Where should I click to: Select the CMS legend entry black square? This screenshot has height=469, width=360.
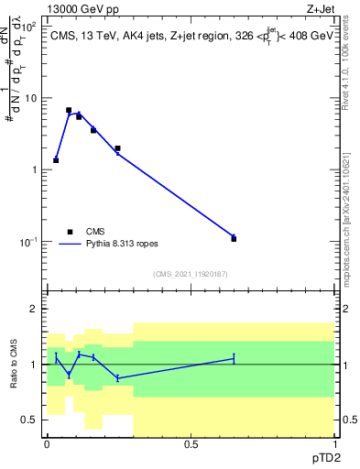(x=69, y=232)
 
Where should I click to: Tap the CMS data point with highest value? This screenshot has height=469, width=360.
(x=69, y=110)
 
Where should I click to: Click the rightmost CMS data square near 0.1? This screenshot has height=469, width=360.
(x=234, y=238)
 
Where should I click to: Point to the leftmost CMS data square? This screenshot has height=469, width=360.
(x=56, y=160)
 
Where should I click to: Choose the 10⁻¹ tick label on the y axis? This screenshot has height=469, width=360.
(x=28, y=241)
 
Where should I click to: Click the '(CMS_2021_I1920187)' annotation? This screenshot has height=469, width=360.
(x=191, y=274)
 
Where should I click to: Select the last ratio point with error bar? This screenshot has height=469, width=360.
(x=234, y=358)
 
